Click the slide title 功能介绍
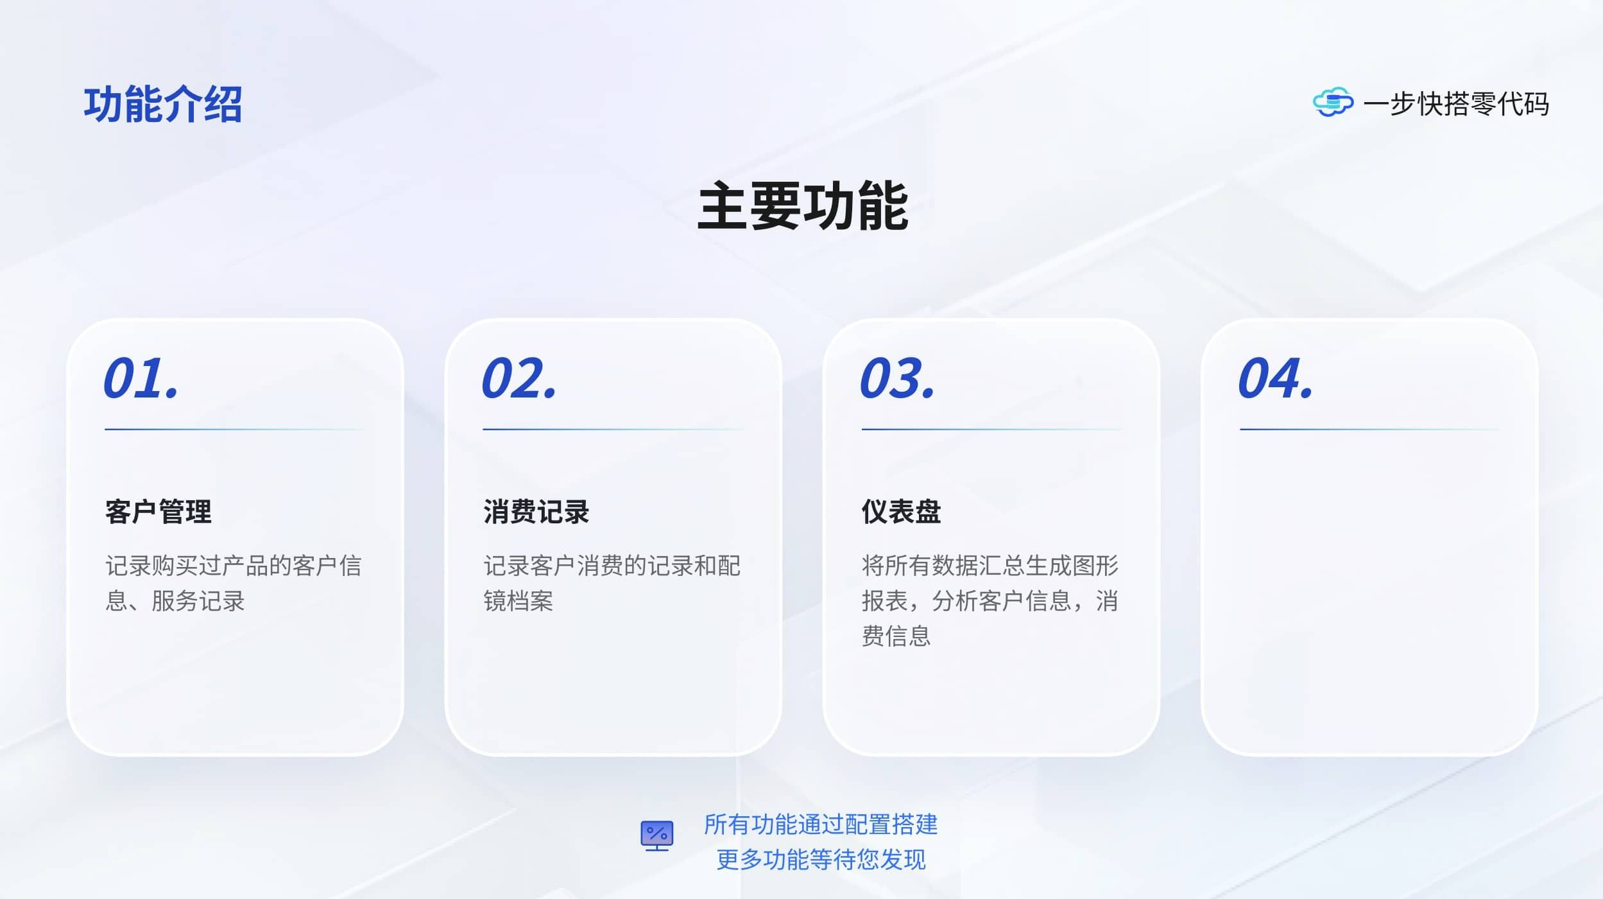[x=163, y=104]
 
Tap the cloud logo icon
[x=1333, y=103]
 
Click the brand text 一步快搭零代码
[x=1456, y=104]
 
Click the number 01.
[x=141, y=378]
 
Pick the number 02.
[x=519, y=378]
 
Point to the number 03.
[x=897, y=378]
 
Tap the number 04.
[x=1276, y=378]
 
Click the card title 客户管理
[x=159, y=512]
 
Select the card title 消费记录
[x=536, y=512]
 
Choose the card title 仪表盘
[x=901, y=512]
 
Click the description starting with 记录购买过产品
[x=234, y=583]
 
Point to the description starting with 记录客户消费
[x=612, y=583]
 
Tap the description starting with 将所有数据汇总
[x=990, y=600]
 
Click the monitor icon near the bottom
[x=657, y=836]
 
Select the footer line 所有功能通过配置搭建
[x=821, y=825]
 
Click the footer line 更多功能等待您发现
[x=821, y=859]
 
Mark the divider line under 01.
[x=235, y=429]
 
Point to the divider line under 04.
[x=1369, y=429]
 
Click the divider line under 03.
[x=991, y=429]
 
